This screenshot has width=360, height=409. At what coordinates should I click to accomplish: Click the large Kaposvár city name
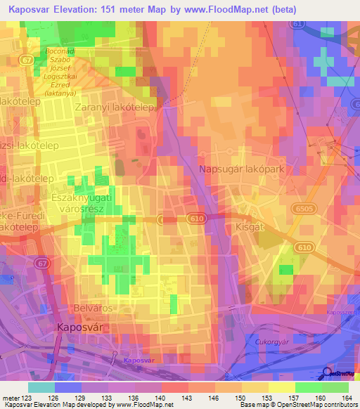pyautogui.click(x=82, y=327)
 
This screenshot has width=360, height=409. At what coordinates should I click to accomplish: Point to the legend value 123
pyautogui.click(x=28, y=397)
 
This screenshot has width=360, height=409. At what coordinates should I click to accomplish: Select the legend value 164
pyautogui.click(x=349, y=397)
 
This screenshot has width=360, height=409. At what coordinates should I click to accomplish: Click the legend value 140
pyautogui.click(x=162, y=397)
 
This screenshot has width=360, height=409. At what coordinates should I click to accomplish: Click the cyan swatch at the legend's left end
pyautogui.click(x=41, y=387)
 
